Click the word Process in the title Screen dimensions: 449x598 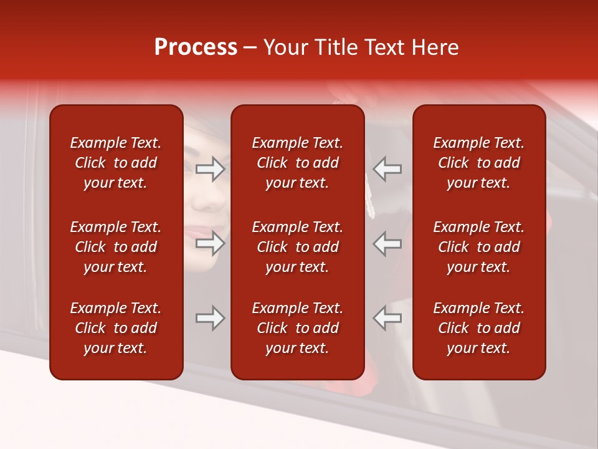196,47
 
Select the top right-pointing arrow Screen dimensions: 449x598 211,169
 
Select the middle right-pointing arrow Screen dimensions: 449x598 211,243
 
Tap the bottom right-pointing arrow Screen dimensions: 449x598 211,318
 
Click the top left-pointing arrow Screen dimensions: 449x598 387,169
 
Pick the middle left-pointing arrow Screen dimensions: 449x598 387,243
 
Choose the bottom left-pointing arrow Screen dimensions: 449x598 387,318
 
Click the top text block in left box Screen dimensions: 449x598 116,163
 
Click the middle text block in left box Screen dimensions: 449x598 116,247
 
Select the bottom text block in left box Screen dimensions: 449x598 116,328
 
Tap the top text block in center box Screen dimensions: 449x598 298,163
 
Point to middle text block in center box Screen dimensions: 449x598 298,247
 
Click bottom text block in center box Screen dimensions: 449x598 298,328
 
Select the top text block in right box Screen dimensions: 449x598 479,163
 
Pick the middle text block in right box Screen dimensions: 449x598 479,247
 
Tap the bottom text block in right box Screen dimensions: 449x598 479,328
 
